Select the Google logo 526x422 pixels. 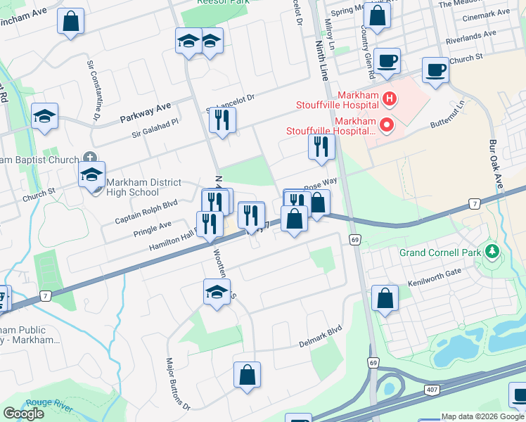pyautogui.click(x=23, y=413)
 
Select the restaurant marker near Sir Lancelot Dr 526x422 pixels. pyautogui.click(x=222, y=120)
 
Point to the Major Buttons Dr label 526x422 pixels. pyautogui.click(x=178, y=384)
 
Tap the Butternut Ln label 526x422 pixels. pyautogui.click(x=448, y=115)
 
